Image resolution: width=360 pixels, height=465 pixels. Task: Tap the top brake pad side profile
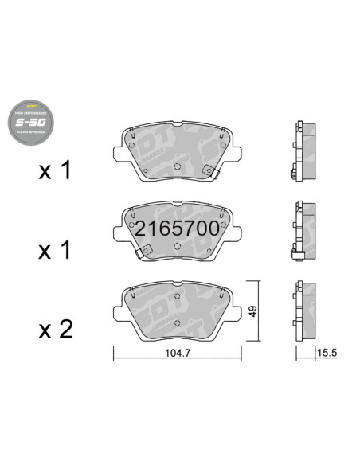[x=304, y=153]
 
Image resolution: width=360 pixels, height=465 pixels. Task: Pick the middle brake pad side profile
[x=304, y=232]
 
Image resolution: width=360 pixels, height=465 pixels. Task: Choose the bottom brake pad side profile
[x=304, y=311]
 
